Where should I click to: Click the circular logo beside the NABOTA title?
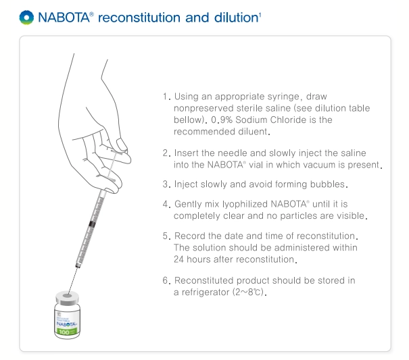pyautogui.click(x=26, y=18)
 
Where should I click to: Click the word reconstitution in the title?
pyautogui.click(x=139, y=18)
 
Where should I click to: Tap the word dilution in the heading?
pyautogui.click(x=237, y=18)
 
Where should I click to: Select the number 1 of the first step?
pyautogui.click(x=165, y=97)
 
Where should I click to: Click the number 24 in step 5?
pyautogui.click(x=178, y=259)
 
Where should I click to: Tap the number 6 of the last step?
pyautogui.click(x=166, y=280)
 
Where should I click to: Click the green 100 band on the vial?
pyautogui.click(x=67, y=332)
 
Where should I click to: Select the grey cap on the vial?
pyautogui.click(x=68, y=298)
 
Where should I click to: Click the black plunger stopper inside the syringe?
pyautogui.click(x=91, y=224)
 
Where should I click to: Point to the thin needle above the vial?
pyautogui.click(x=73, y=280)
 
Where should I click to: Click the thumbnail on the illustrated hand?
pyautogui.click(x=121, y=144)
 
